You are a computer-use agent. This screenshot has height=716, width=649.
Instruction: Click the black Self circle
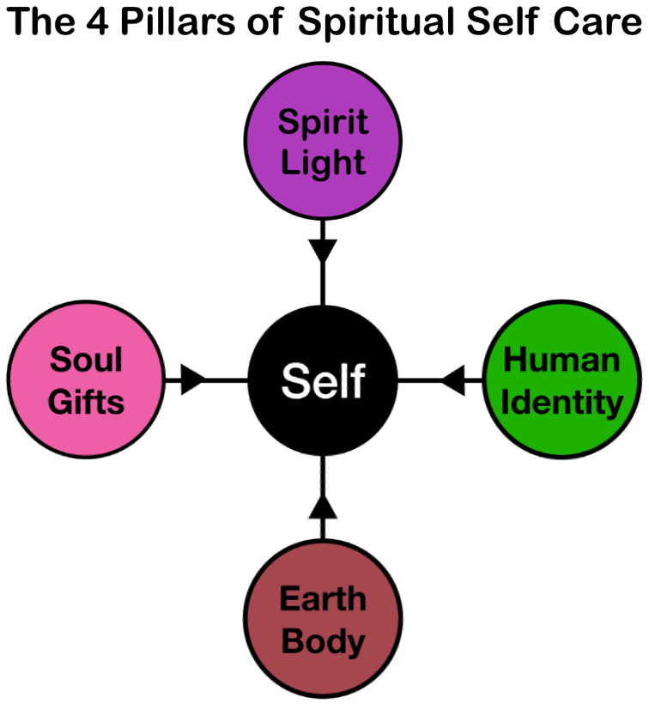[323, 379]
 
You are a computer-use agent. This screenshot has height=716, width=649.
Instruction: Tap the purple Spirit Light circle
[323, 142]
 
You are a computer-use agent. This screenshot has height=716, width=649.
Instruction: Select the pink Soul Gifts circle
[85, 379]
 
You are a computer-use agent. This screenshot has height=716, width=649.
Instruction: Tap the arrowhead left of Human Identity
[453, 379]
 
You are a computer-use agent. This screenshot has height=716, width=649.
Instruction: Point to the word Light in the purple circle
[323, 162]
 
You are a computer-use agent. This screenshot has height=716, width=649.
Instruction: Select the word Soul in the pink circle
[85, 360]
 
